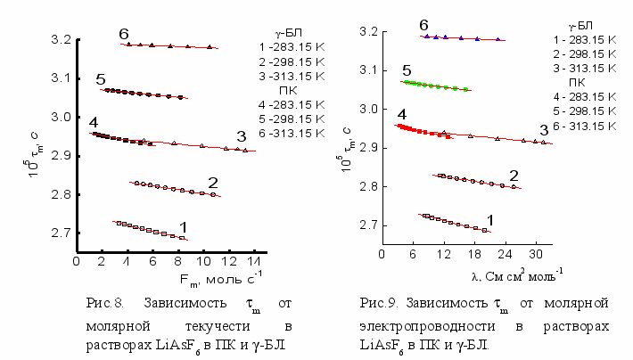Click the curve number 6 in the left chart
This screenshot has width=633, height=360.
(x=124, y=34)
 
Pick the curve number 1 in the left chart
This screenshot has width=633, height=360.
(x=183, y=228)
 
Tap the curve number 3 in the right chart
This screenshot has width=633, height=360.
(x=544, y=131)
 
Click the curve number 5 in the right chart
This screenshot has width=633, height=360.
(x=407, y=70)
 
